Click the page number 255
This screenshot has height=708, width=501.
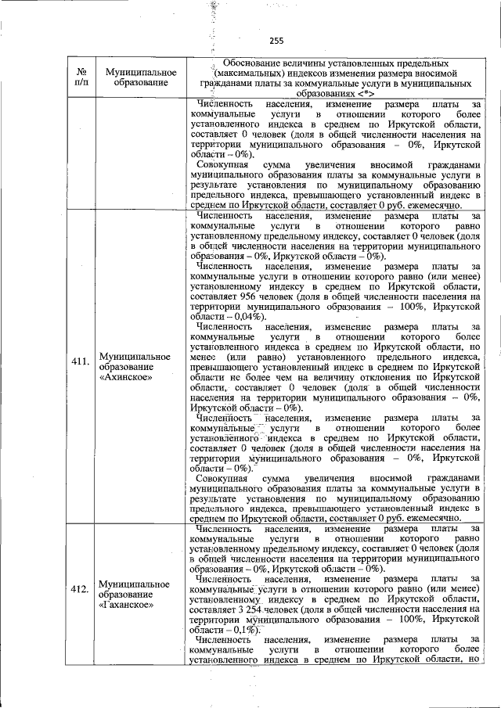coord(276,41)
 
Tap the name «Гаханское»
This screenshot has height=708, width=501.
coord(128,606)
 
